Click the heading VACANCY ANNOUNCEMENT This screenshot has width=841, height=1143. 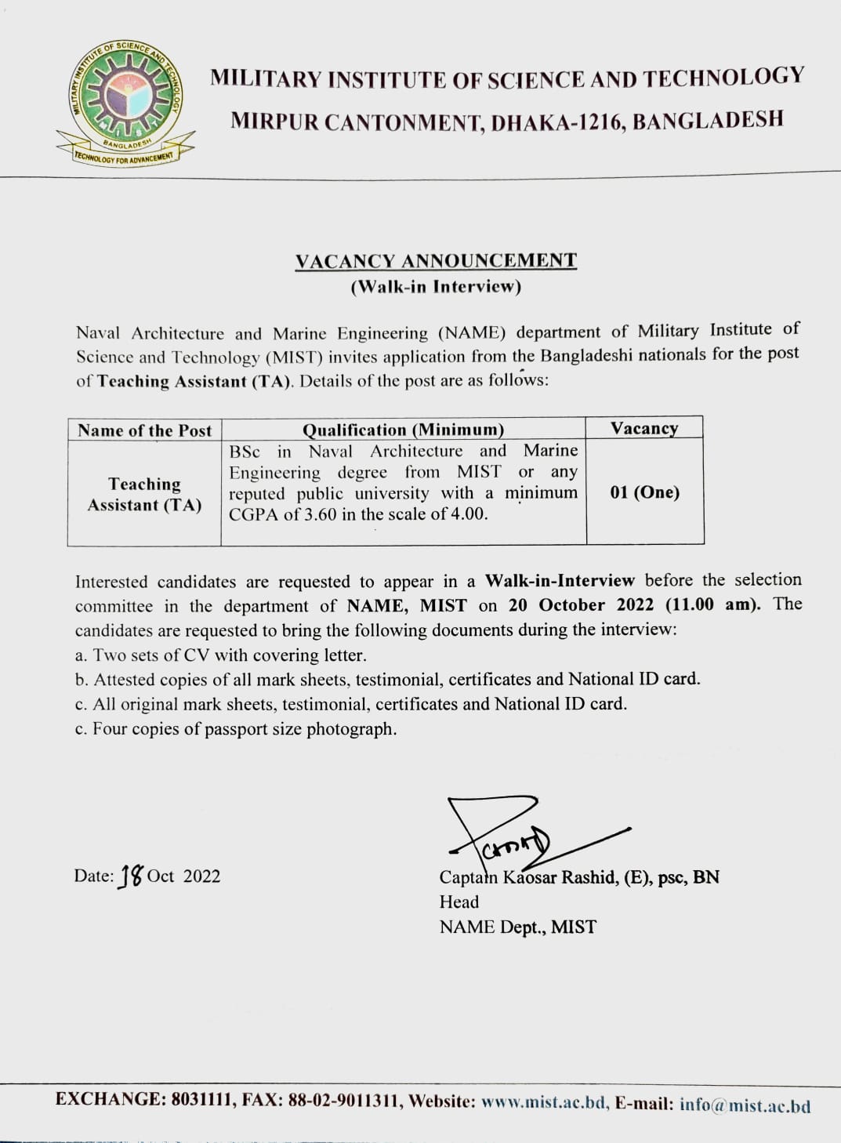click(436, 261)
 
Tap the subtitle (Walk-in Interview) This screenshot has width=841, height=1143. click(436, 286)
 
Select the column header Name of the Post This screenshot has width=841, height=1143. click(145, 430)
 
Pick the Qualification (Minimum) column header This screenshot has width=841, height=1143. click(403, 430)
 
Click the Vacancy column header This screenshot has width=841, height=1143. click(644, 428)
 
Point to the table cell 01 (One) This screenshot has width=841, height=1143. click(644, 492)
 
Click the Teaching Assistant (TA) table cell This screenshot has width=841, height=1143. click(144, 495)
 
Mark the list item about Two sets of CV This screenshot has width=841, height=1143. click(221, 655)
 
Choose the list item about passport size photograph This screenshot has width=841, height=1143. click(236, 729)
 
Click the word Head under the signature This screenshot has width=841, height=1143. click(459, 902)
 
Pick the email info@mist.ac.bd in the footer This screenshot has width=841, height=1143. click(745, 1105)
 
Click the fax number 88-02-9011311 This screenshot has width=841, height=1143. click(345, 1101)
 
